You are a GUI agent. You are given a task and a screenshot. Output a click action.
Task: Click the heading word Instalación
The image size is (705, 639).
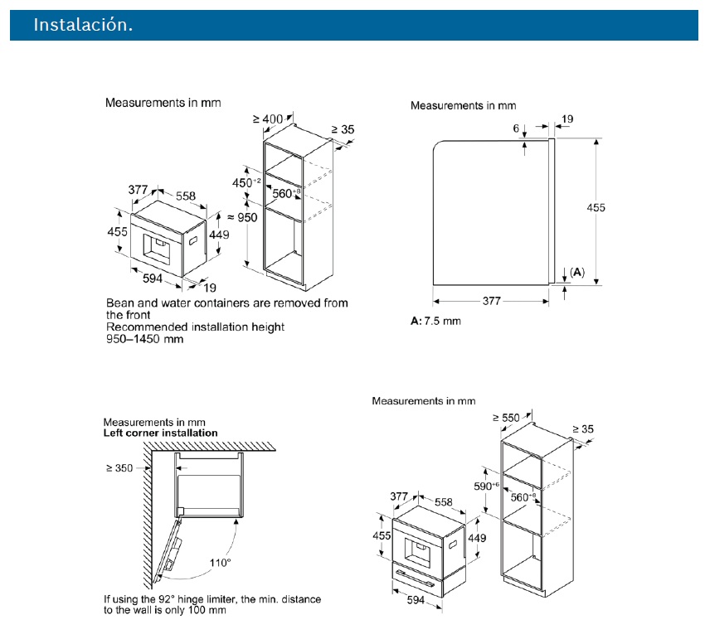pos(83,25)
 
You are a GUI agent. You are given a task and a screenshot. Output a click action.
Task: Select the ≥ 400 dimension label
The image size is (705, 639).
pos(267,119)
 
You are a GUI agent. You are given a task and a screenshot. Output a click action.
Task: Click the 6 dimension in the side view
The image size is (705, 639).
pos(516,128)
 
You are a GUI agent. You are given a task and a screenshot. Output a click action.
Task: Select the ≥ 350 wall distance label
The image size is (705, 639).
pos(119,468)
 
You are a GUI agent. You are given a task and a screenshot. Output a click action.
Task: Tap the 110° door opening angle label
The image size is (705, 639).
pos(220,563)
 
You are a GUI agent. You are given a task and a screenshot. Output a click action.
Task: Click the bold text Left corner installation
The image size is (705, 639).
pos(160,433)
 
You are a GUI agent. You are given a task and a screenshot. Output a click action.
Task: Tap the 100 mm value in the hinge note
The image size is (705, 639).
pos(205,611)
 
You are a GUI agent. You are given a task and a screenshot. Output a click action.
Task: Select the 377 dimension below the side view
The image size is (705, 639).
pos(492,301)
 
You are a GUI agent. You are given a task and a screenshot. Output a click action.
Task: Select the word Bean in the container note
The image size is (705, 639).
pos(119,303)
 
